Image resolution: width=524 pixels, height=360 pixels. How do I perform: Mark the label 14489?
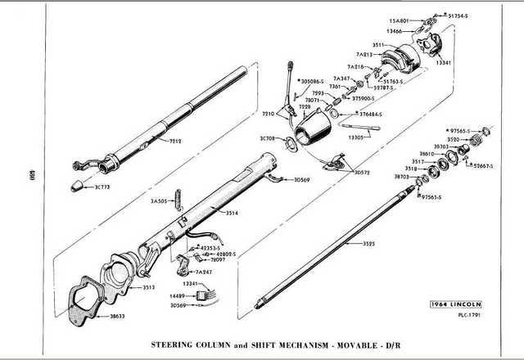pyautogui.click(x=178, y=295)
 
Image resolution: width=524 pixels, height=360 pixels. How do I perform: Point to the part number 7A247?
pyautogui.click(x=205, y=271)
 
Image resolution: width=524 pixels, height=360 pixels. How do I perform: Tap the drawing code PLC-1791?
pyautogui.click(x=469, y=316)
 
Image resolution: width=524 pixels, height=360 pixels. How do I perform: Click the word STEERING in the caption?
pyautogui.click(x=178, y=344)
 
